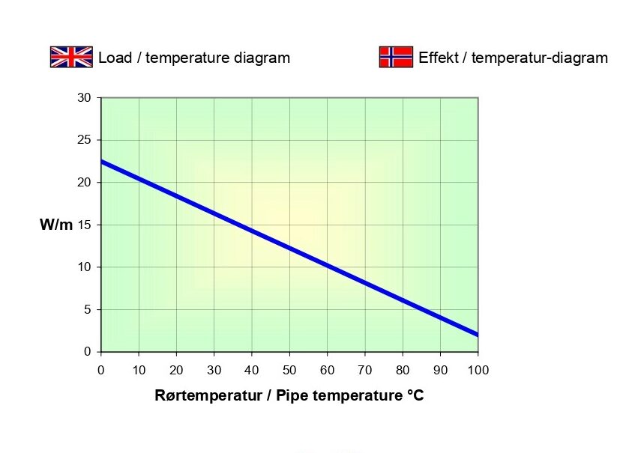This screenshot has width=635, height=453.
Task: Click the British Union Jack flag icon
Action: click(71, 57)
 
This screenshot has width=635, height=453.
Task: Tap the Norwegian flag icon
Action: click(396, 57)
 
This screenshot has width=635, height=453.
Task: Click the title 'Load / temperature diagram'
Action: click(194, 58)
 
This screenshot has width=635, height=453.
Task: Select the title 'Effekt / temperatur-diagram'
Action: click(513, 58)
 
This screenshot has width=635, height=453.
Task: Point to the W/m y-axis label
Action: click(56, 225)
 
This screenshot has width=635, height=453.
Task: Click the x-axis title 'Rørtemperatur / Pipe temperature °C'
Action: click(289, 395)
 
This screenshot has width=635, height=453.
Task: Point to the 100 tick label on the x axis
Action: click(478, 370)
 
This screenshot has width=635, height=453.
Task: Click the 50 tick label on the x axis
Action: click(289, 370)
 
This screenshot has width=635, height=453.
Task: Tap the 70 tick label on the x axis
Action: click(365, 370)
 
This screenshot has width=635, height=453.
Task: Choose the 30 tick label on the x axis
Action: click(214, 370)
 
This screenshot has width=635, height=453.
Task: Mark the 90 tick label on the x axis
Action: click(440, 370)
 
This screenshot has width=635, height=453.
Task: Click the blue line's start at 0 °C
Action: click(102, 162)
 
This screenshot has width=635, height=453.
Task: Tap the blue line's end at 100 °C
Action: click(477, 334)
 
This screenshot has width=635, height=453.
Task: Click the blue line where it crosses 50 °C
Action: click(289, 248)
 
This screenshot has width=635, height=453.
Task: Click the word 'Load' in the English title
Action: click(114, 58)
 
